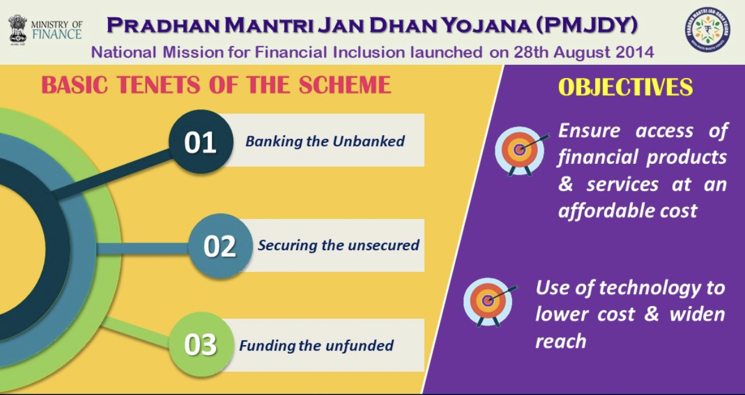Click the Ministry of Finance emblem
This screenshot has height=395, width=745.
[17, 29]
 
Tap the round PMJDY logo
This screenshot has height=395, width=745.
[708, 29]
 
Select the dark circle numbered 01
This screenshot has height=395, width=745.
[201, 142]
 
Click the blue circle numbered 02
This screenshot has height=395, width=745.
[220, 246]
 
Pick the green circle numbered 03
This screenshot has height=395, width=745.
[201, 345]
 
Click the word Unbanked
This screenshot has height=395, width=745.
[368, 142]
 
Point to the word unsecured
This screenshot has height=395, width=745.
[383, 246]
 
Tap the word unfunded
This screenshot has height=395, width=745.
[359, 346]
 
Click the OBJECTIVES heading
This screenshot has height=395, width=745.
[625, 87]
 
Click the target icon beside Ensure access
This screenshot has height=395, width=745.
[521, 151]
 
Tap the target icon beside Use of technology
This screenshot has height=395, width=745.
[489, 302]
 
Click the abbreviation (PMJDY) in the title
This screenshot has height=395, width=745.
[587, 25]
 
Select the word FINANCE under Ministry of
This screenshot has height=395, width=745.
[57, 35]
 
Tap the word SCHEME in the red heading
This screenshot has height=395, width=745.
[344, 85]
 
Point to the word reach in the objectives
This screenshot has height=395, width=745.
[561, 342]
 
